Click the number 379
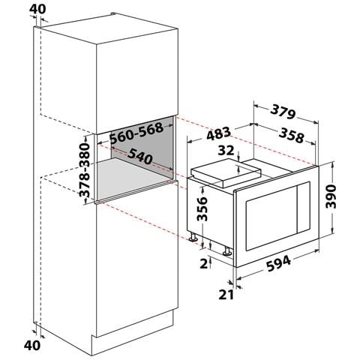(x=283, y=113)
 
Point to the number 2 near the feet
(x=203, y=263)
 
